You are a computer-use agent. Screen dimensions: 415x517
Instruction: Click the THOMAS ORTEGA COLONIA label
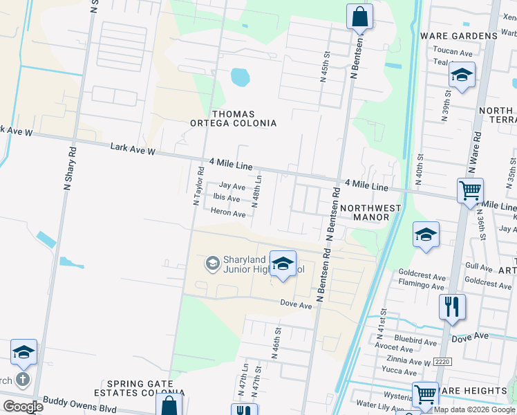pos(234,118)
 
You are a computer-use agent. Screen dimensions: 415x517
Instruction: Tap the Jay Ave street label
pos(232,186)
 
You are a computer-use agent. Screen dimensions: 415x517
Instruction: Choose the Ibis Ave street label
pos(227,199)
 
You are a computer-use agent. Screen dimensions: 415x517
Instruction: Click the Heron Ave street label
pos(228,214)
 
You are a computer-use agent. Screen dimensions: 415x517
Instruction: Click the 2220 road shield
pos(442,362)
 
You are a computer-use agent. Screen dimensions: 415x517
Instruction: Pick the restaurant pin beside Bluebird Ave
pos(452,306)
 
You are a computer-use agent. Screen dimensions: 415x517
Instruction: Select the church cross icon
pos(22,379)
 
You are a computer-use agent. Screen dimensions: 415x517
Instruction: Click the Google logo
pos(22,407)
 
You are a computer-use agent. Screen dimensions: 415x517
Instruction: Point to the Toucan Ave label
pos(453,52)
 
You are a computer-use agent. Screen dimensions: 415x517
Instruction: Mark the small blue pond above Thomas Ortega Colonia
pos(240,76)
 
